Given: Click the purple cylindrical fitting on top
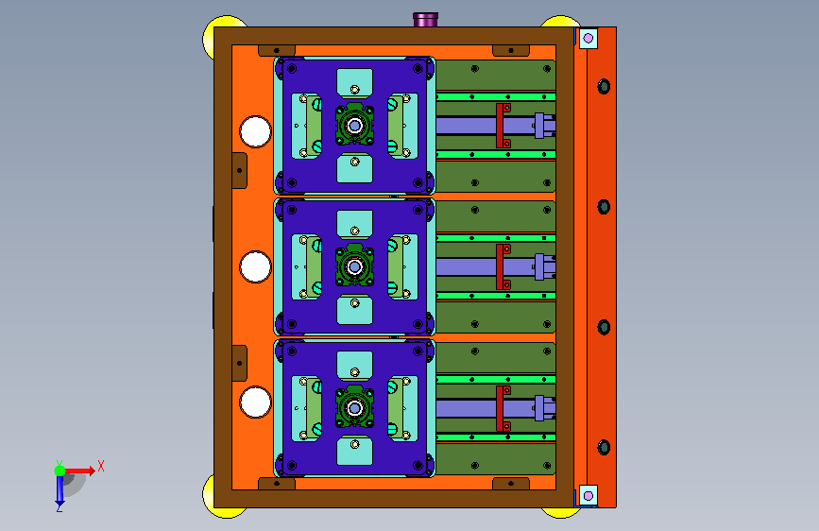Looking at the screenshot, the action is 426,20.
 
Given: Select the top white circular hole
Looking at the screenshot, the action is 255,131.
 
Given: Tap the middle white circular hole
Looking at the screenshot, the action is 255,267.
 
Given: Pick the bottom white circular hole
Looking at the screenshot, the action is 255,402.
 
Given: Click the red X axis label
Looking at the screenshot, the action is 101,466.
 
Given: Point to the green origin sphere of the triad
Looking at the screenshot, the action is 60,471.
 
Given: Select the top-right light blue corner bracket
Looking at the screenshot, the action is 589,38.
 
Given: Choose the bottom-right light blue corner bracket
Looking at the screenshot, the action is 589,495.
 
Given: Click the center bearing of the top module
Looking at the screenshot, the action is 354,126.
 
